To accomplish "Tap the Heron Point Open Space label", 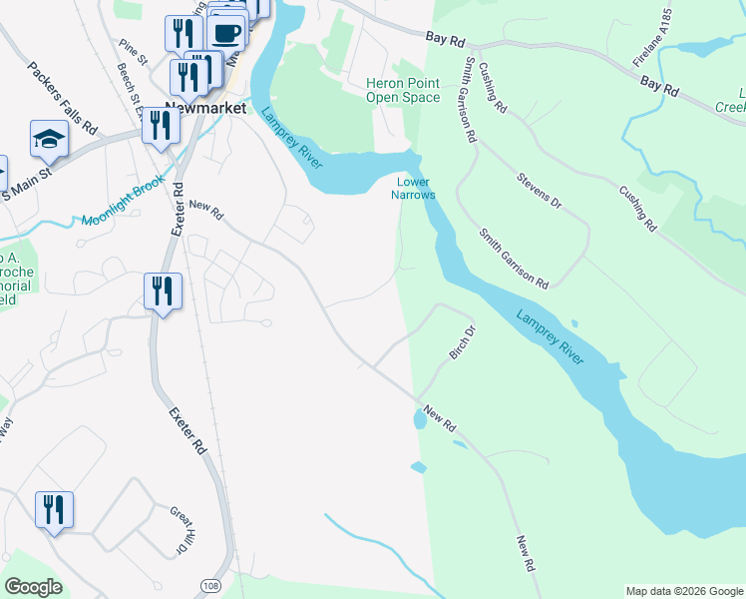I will pos(403,91).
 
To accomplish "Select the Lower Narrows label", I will pos(416,188).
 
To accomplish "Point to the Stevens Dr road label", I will pos(540,190).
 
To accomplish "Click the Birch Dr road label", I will pos(459,341).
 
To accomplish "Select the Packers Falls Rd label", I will pos(62,99).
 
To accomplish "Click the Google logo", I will pos(33,587).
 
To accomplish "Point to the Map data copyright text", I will pos(683,591).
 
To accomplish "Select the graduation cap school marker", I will pos(48,139).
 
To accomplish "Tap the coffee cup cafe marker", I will pos(227,33).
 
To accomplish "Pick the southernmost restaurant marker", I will pos(53,510).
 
